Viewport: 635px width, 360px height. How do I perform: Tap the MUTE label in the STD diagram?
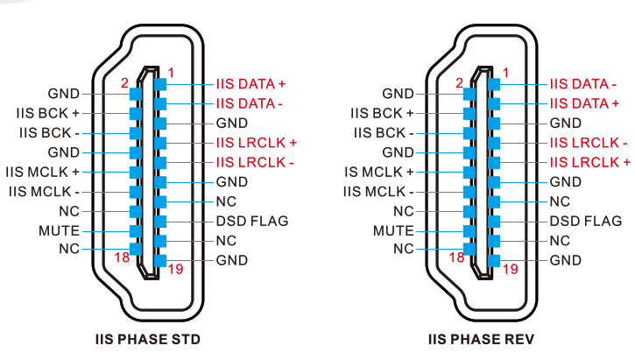[60, 230]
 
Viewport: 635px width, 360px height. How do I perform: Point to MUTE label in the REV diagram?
[393, 230]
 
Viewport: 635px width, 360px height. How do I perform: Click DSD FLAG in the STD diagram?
[252, 221]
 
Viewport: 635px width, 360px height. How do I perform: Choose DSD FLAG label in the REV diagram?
[586, 221]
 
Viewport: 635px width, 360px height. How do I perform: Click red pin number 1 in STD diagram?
[170, 71]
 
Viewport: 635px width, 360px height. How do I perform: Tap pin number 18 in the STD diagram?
[123, 257]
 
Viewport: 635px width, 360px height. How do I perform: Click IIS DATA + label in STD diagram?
[251, 84]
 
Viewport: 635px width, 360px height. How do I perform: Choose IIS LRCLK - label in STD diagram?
[255, 162]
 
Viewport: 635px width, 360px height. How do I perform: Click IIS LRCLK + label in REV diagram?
[589, 162]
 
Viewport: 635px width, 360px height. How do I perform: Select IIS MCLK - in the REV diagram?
[377, 191]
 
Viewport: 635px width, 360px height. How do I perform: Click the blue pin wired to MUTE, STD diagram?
[135, 231]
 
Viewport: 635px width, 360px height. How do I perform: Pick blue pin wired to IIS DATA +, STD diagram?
[159, 84]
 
